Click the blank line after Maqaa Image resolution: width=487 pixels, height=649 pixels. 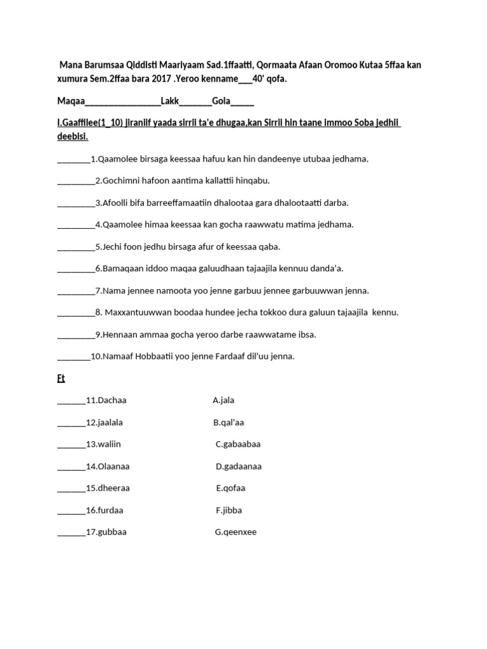point(122,101)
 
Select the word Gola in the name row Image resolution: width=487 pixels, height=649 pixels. point(221,100)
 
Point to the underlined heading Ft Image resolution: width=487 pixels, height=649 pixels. point(61,379)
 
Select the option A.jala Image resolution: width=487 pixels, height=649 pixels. point(223,401)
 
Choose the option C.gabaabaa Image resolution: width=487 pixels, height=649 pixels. point(238,444)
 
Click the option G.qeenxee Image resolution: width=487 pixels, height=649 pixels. point(235,532)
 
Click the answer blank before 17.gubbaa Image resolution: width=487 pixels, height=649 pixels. point(71,532)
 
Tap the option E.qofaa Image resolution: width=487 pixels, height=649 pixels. point(231,488)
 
